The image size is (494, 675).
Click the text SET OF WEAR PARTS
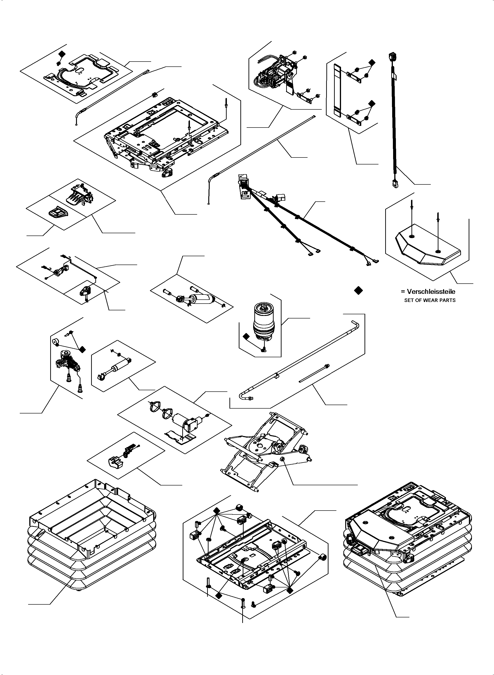pyautogui.click(x=430, y=300)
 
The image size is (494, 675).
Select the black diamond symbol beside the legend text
pyautogui.click(x=358, y=290)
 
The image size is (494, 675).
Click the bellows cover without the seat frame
pyautogui.click(x=91, y=535)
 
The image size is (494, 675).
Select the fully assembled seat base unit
pyautogui.click(x=407, y=532)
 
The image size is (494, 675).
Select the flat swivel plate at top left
pyautogui.click(x=79, y=75)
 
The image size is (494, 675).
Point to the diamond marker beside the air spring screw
pyautogui.click(x=246, y=336)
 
